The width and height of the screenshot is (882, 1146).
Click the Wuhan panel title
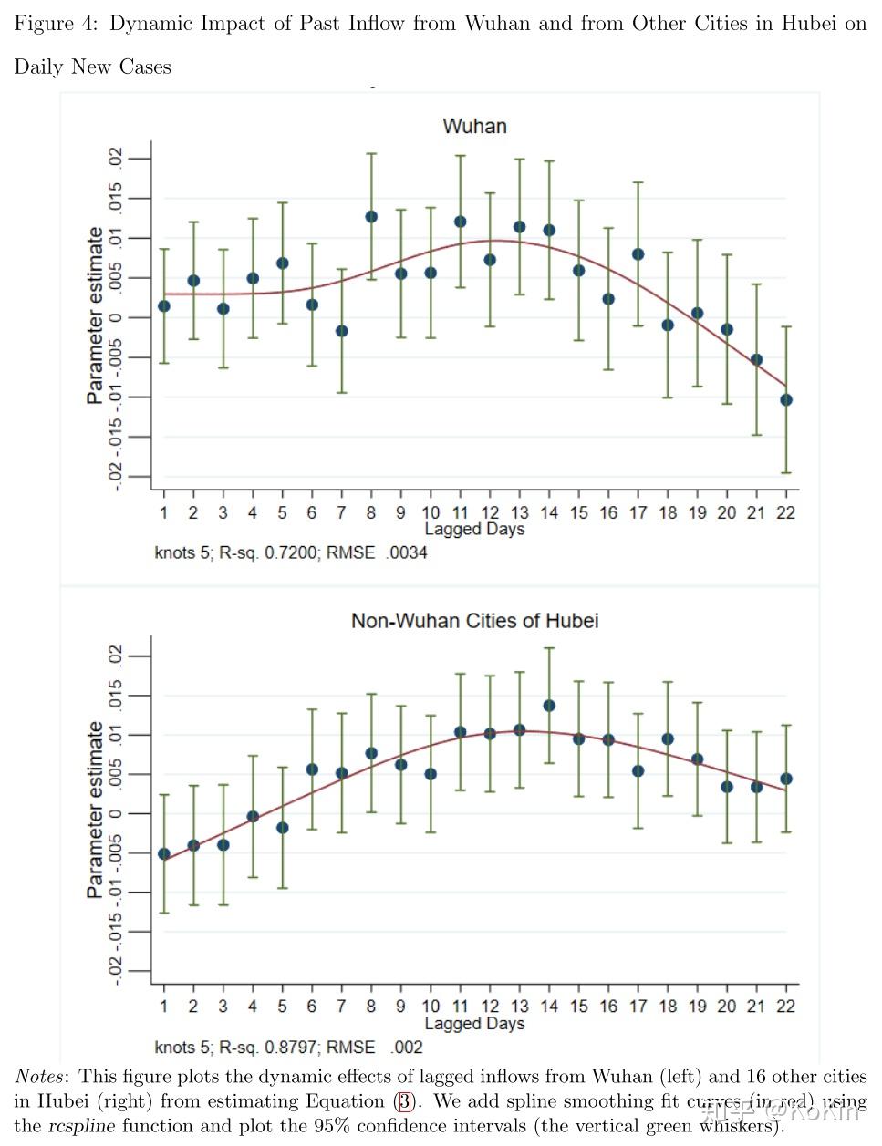[x=474, y=126]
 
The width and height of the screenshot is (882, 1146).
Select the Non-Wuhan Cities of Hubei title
[x=474, y=621]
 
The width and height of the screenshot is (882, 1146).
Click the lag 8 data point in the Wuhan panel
[x=371, y=217]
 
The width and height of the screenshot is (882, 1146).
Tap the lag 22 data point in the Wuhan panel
[x=786, y=400]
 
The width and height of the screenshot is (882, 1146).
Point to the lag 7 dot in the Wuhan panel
[x=341, y=331]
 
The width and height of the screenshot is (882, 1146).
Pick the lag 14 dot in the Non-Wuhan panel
[x=549, y=706]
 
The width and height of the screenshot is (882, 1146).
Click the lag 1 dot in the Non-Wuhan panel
[x=164, y=854]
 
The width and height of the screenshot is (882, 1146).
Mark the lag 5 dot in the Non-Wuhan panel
[x=283, y=828]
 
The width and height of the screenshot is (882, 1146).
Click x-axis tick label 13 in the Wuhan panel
[x=519, y=512]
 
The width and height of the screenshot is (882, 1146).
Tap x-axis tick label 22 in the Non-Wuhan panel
[x=785, y=1007]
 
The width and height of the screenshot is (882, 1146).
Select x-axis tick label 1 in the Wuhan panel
[x=164, y=512]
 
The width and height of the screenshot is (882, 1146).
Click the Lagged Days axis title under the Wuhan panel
[x=474, y=530]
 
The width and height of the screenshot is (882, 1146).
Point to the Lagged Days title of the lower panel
[x=474, y=1024]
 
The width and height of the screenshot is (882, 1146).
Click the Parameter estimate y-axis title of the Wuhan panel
[x=95, y=315]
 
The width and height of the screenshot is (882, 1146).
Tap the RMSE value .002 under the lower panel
[x=407, y=1048]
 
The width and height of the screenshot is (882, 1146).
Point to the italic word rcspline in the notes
[x=81, y=1125]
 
